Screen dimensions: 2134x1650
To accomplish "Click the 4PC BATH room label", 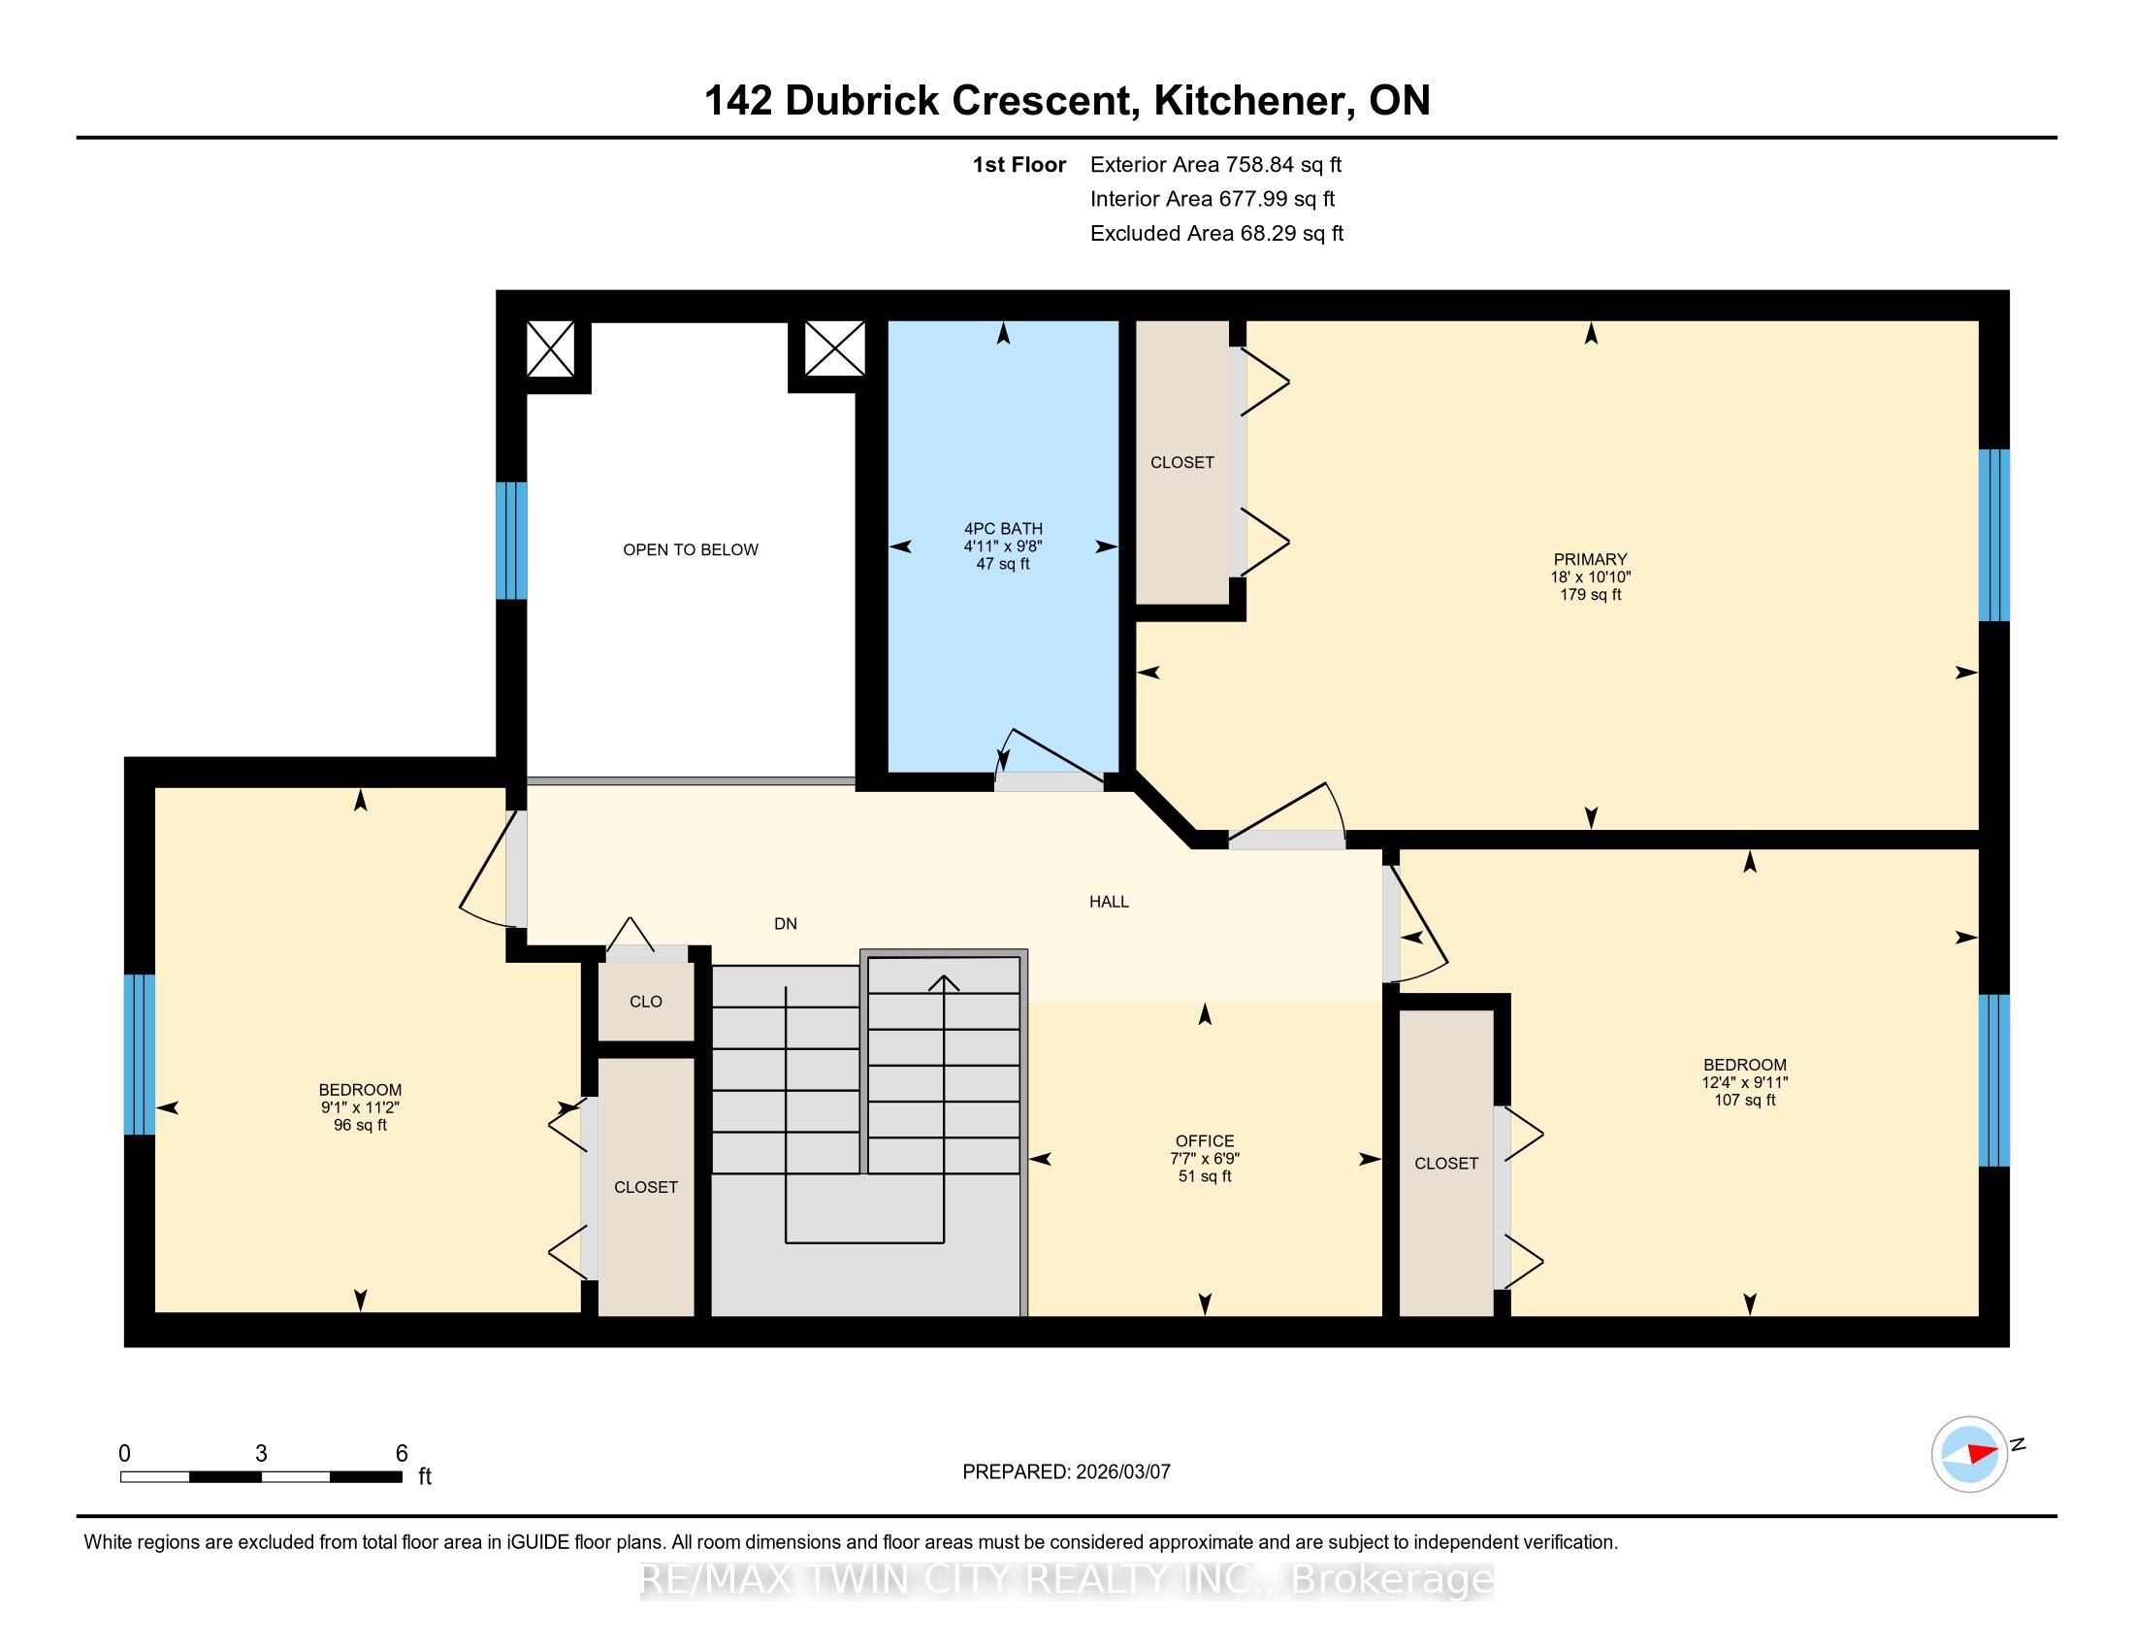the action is pyautogui.click(x=1004, y=529).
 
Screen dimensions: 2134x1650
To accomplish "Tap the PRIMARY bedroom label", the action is pyautogui.click(x=1591, y=560).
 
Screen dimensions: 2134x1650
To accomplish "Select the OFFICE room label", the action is pyautogui.click(x=1205, y=1141).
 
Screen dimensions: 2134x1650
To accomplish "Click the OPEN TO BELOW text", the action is pyautogui.click(x=691, y=550).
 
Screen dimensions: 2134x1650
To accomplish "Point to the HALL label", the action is pyautogui.click(x=1109, y=903).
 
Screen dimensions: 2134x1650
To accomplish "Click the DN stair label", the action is pyautogui.click(x=786, y=924).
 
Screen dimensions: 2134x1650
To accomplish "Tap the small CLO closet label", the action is pyautogui.click(x=646, y=1002).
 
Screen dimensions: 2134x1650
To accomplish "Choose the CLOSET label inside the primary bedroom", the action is pyautogui.click(x=1182, y=462).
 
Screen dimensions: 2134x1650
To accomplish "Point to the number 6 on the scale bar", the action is pyautogui.click(x=402, y=1454).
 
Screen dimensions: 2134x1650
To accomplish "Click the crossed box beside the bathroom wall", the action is pyautogui.click(x=834, y=349).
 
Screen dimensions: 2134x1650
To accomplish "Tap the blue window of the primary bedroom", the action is pyautogui.click(x=1994, y=536).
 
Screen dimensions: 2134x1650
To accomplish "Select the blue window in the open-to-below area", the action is pyautogui.click(x=512, y=541).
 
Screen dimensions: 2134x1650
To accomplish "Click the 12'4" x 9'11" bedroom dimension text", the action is pyautogui.click(x=1745, y=1083).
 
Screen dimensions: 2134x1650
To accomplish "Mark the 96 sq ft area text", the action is pyautogui.click(x=361, y=1125).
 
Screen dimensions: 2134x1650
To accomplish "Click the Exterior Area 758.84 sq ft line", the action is pyautogui.click(x=1216, y=165).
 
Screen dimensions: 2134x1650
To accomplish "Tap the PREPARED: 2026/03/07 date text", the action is pyautogui.click(x=1066, y=1472).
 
